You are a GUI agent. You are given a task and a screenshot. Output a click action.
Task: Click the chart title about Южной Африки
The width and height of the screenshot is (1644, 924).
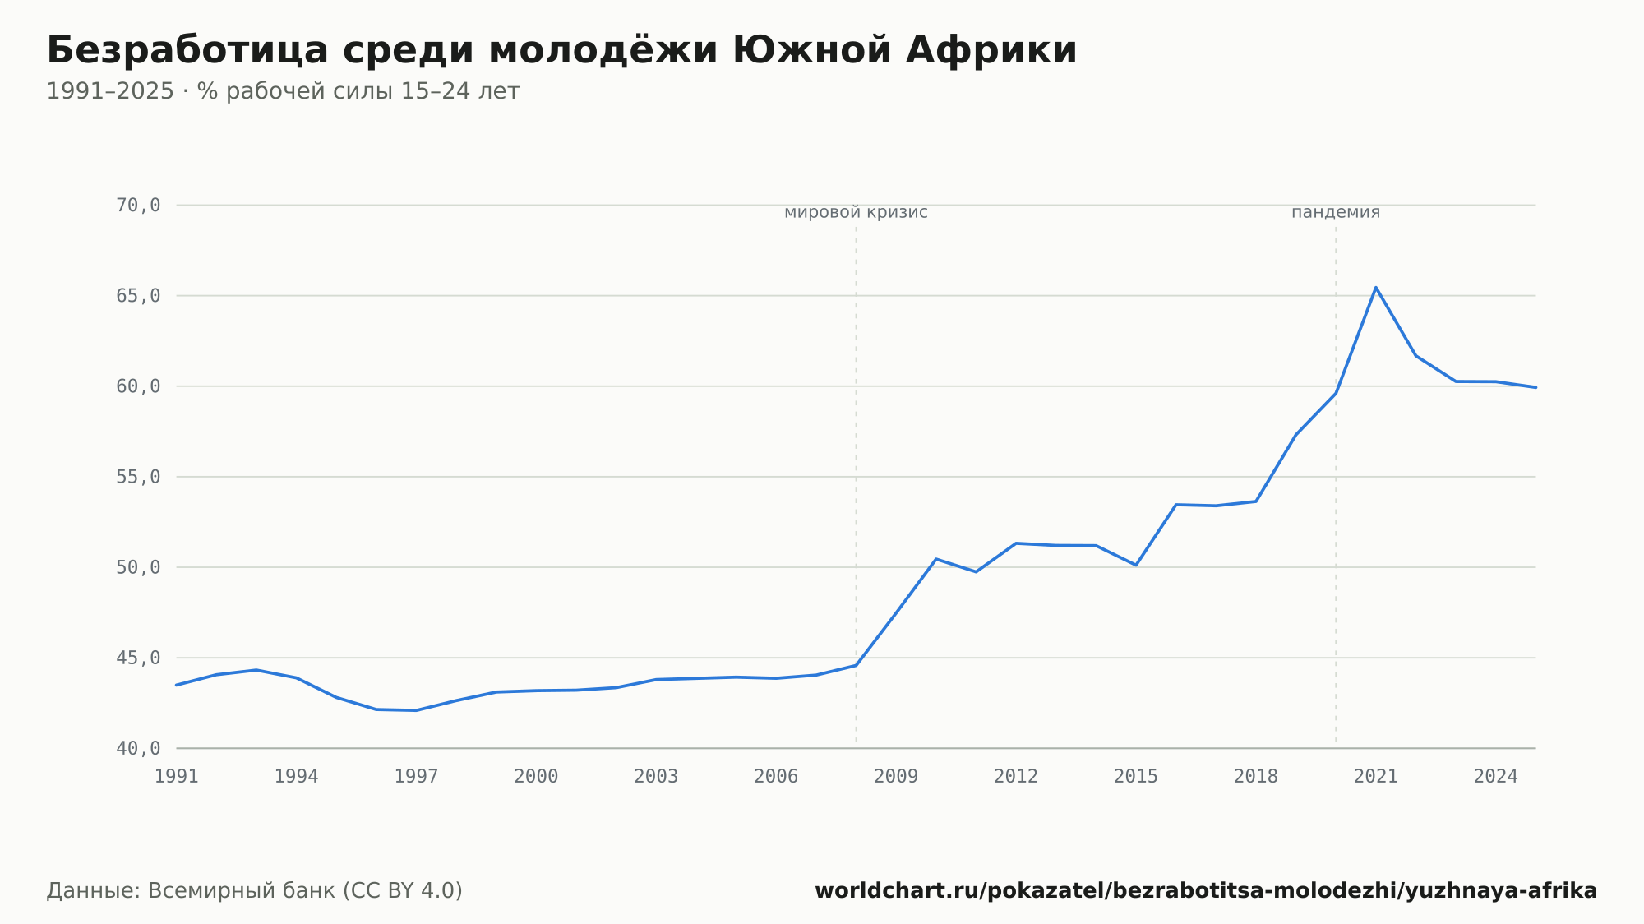[x=561, y=50]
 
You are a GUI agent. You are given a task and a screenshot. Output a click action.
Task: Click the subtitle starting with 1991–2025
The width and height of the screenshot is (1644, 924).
[x=283, y=91]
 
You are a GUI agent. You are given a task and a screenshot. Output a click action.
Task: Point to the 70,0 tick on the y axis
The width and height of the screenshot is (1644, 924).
[x=138, y=206]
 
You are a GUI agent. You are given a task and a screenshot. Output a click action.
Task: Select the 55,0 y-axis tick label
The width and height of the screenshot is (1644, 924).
[x=138, y=477]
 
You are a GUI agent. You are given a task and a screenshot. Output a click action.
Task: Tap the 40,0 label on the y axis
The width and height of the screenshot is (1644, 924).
[x=138, y=748]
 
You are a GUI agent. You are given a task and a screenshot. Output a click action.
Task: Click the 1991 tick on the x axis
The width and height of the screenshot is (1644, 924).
[x=177, y=777]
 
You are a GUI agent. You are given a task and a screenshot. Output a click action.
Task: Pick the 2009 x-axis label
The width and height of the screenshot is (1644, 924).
[x=896, y=777]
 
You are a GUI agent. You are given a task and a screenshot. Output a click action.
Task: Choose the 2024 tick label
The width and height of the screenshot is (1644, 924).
[x=1496, y=777]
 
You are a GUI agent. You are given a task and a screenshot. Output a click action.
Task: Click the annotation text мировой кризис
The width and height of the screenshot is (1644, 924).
[x=856, y=212]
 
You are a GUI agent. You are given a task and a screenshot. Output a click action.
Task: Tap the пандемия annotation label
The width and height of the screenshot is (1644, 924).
[x=1336, y=212]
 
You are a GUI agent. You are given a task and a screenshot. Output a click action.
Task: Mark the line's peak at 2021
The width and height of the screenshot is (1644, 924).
[x=1376, y=287]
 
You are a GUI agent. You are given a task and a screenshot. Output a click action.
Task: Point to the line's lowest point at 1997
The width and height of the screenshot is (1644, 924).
[x=417, y=710]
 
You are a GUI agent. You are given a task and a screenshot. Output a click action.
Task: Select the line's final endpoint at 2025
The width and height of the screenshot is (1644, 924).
[x=1535, y=387]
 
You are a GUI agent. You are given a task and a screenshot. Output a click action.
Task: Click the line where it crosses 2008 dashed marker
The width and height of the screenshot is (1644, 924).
[x=856, y=665]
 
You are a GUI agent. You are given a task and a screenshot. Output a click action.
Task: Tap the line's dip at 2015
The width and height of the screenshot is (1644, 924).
[x=1136, y=565]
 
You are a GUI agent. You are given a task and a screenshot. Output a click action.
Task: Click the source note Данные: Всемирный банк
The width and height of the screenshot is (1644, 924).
[x=255, y=891]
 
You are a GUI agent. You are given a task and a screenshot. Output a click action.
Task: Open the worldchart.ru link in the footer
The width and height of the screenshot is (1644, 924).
[x=1206, y=891]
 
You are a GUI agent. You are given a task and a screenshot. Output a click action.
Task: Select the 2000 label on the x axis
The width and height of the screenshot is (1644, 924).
[x=536, y=777]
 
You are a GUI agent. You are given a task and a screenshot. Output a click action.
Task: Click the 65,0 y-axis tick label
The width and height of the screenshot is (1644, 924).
[x=138, y=296]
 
